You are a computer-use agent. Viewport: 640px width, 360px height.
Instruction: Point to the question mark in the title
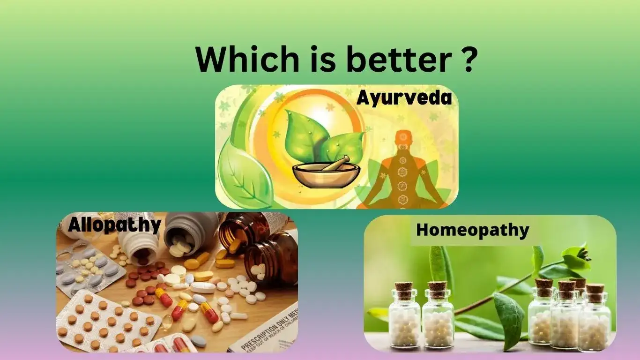(465, 60)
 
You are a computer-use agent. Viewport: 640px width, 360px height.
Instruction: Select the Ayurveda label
(404, 98)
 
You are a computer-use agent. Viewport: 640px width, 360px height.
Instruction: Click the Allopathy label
(114, 225)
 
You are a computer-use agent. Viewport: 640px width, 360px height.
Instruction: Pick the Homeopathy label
(472, 230)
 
